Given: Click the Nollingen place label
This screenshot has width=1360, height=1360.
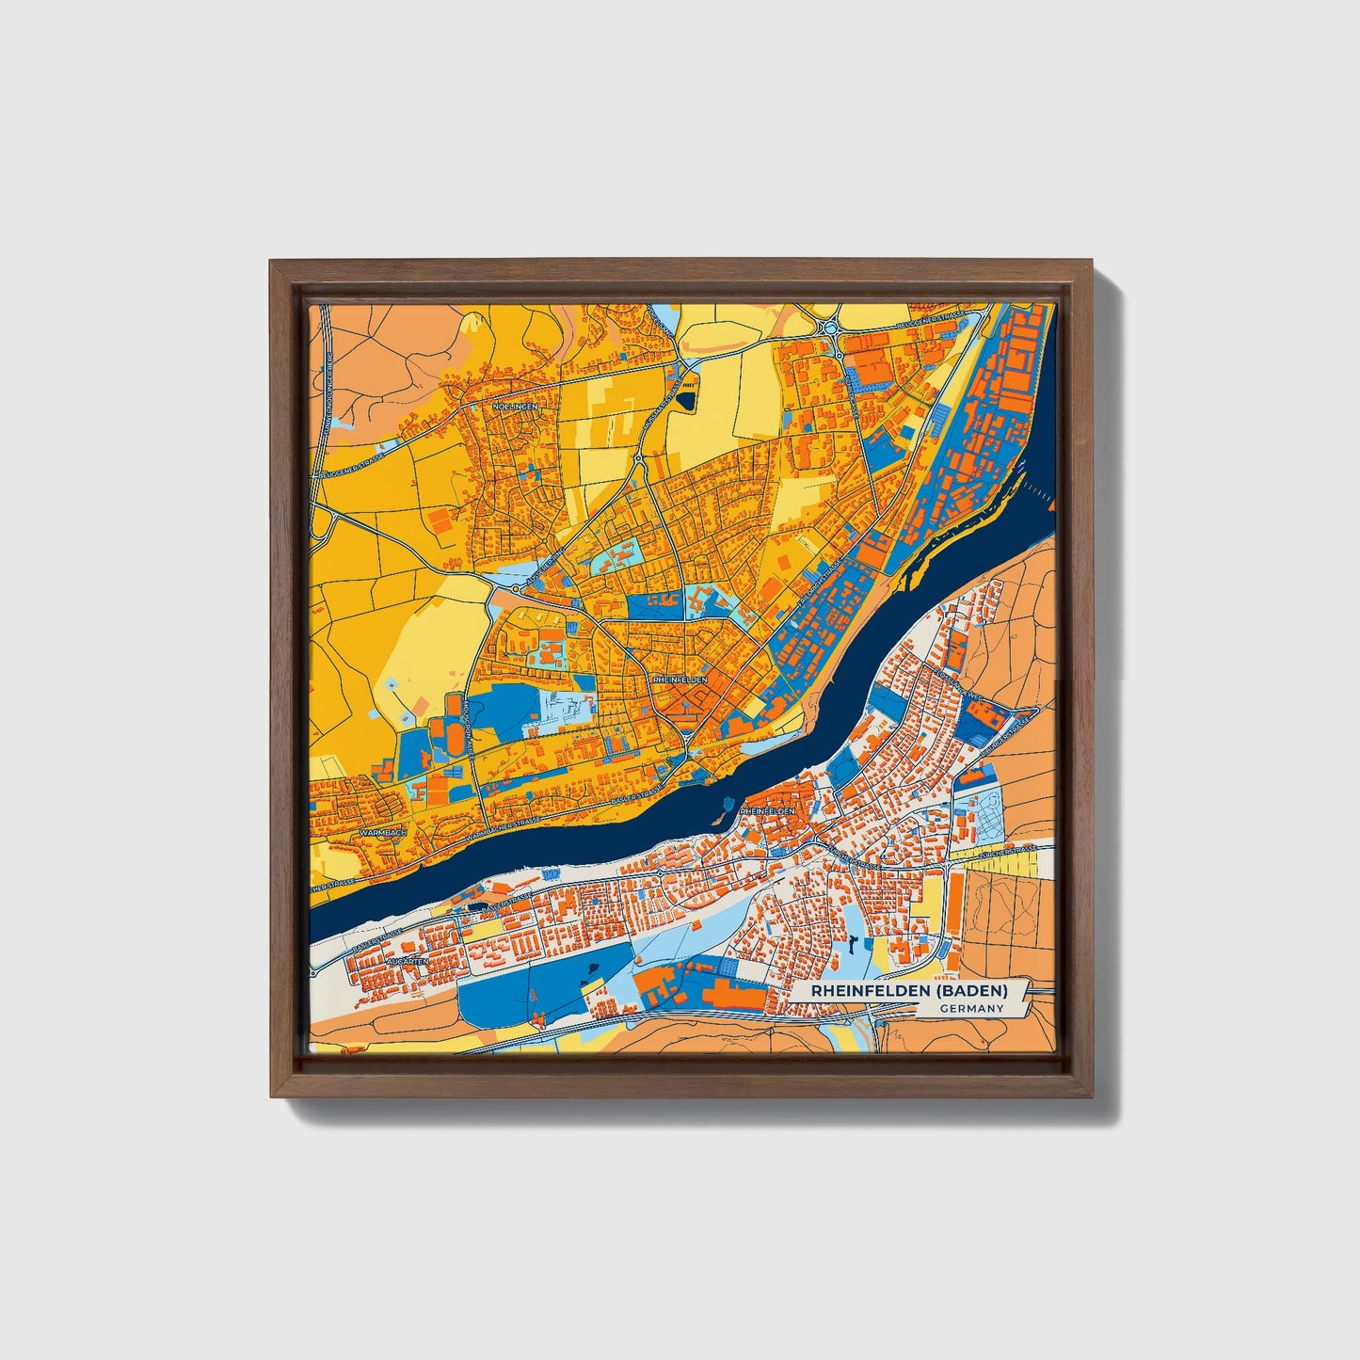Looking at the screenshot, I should (514, 406).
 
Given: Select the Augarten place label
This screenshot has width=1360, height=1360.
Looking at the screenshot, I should (407, 961).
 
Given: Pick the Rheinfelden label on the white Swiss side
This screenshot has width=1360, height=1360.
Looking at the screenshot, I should (768, 810).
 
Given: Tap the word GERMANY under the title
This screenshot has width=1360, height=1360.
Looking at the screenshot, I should (970, 1008).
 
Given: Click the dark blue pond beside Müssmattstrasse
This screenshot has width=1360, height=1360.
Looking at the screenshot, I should (685, 400).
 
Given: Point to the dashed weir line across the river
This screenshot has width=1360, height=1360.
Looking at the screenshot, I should (1038, 488).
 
